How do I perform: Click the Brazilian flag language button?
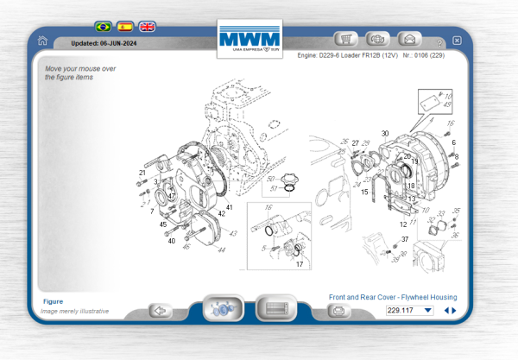pos(103,27)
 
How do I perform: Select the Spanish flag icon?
pos(125,27)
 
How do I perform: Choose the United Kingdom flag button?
pos(148,27)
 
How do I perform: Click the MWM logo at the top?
pos(250,39)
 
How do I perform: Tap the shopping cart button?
pos(347,39)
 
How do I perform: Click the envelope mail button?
pos(409,39)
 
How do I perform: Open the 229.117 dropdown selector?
pos(410,310)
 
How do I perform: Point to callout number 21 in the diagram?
pos(142,173)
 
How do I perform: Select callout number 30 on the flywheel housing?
pos(385,134)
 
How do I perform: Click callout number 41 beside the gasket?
pos(229,207)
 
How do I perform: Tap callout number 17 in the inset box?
pos(300,264)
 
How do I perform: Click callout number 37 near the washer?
pos(404,239)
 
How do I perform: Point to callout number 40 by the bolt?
pos(171,241)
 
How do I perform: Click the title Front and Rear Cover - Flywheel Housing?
pos(393,297)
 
